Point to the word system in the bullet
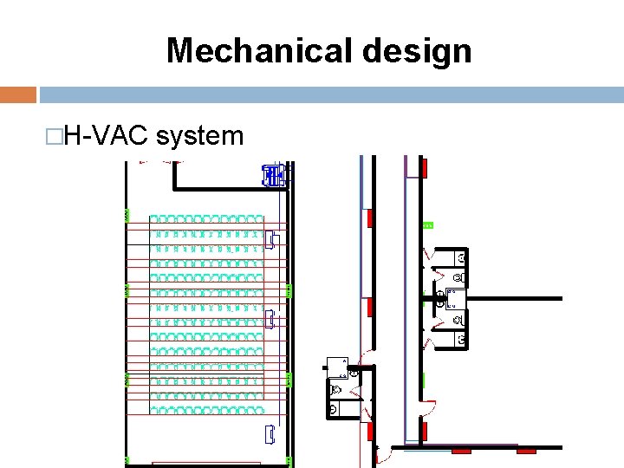201,135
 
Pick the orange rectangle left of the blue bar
18,94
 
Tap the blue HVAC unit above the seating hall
273,176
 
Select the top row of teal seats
205,219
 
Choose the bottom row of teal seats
205,406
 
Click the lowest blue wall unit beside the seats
271,435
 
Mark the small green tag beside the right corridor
427,225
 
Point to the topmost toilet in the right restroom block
461,257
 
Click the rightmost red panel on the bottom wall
526,451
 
